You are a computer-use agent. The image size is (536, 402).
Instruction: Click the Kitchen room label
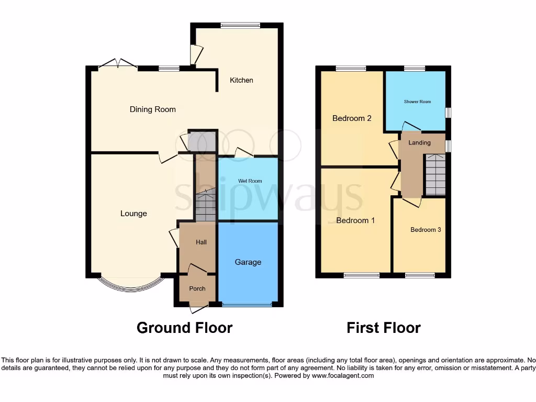(x=241, y=80)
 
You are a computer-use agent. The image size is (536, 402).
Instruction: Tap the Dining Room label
(x=152, y=109)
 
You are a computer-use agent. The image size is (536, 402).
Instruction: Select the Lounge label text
(x=133, y=214)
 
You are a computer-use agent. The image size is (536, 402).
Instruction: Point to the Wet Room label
(x=250, y=181)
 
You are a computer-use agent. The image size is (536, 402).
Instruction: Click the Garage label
(x=248, y=262)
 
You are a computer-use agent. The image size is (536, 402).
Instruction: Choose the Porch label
(x=197, y=288)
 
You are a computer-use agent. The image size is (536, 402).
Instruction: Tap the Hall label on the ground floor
(x=201, y=242)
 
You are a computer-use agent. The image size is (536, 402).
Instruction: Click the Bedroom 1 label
(x=355, y=220)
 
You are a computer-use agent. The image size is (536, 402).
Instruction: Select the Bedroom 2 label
(x=352, y=118)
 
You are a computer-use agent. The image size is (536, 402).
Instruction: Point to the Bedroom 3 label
(x=426, y=230)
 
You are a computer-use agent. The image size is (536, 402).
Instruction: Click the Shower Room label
(x=417, y=102)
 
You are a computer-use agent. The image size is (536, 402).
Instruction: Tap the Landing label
(x=419, y=143)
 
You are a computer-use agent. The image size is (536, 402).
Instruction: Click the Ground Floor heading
(x=184, y=328)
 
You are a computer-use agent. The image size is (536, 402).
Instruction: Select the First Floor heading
(x=383, y=328)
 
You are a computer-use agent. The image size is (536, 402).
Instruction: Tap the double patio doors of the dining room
(x=118, y=64)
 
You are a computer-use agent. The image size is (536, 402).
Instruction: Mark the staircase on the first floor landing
(x=435, y=175)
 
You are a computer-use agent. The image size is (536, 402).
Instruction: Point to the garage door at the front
(x=247, y=304)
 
